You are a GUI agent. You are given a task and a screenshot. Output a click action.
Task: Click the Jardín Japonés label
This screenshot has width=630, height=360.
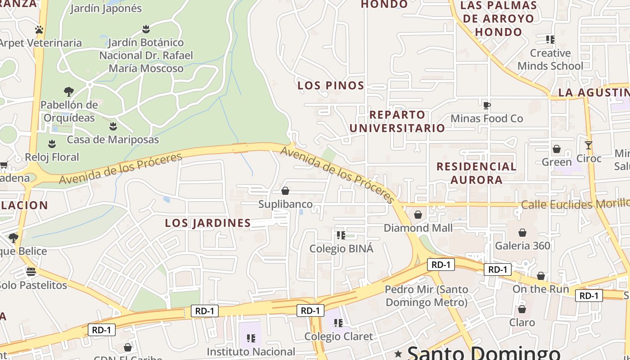[106, 9]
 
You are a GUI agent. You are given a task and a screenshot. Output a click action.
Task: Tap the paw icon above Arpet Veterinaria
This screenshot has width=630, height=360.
[39, 30]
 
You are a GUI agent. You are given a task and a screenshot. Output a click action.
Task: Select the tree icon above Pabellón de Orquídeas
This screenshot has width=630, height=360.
[69, 92]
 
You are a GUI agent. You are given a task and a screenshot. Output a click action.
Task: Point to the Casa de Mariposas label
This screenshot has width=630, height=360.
[113, 139]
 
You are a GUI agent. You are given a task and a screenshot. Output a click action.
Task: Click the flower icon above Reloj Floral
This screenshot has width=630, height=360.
[52, 144]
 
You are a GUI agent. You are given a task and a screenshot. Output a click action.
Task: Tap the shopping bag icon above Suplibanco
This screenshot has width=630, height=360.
[285, 191]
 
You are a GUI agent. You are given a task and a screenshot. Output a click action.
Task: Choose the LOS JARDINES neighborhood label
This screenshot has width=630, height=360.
[207, 223]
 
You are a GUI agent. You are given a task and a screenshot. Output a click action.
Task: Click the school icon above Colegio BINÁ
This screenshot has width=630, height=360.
[341, 235]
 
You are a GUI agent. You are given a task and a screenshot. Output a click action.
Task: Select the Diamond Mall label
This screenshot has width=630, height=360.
[418, 228]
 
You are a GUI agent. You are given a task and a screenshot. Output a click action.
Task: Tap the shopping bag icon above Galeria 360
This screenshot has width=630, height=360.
[522, 233]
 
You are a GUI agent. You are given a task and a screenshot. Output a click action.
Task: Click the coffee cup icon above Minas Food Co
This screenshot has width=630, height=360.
[486, 105]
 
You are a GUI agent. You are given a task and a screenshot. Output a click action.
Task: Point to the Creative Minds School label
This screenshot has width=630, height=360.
[550, 59]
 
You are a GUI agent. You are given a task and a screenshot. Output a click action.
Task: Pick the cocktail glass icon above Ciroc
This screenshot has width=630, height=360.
[588, 145]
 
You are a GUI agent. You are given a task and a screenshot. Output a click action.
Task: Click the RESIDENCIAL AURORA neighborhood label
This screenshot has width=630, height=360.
[477, 173]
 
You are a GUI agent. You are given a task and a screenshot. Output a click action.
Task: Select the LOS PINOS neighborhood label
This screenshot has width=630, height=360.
[331, 85]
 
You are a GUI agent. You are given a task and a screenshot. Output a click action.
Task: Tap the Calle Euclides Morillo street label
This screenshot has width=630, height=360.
[575, 205]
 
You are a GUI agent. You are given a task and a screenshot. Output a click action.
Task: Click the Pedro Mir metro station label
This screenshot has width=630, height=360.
[426, 296]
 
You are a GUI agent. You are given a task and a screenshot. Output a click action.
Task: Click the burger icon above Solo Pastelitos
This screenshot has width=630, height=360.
[31, 272]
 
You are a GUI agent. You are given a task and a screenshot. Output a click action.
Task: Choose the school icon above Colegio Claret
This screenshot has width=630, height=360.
[338, 323]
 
